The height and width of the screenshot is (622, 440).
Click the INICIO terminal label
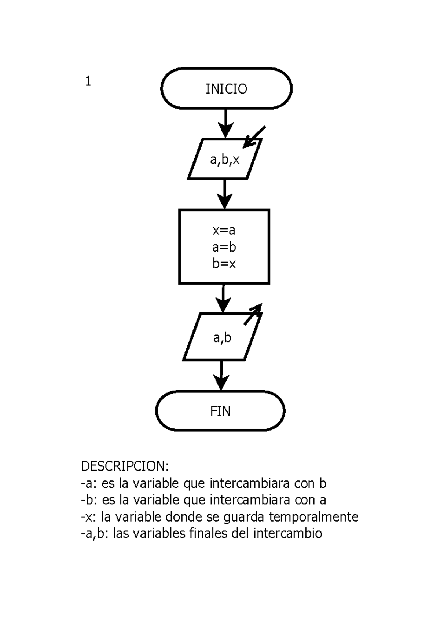point(226,89)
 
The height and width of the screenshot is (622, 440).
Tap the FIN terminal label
point(220,411)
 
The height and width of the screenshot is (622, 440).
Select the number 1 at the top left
point(88,81)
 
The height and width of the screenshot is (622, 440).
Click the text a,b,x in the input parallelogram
point(225,160)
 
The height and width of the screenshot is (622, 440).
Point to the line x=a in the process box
point(224,230)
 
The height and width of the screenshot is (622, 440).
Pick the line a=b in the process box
point(224,247)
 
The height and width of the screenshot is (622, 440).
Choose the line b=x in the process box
point(224,264)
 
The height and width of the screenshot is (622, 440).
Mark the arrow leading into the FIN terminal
point(221,376)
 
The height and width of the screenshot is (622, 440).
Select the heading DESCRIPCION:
point(125,466)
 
